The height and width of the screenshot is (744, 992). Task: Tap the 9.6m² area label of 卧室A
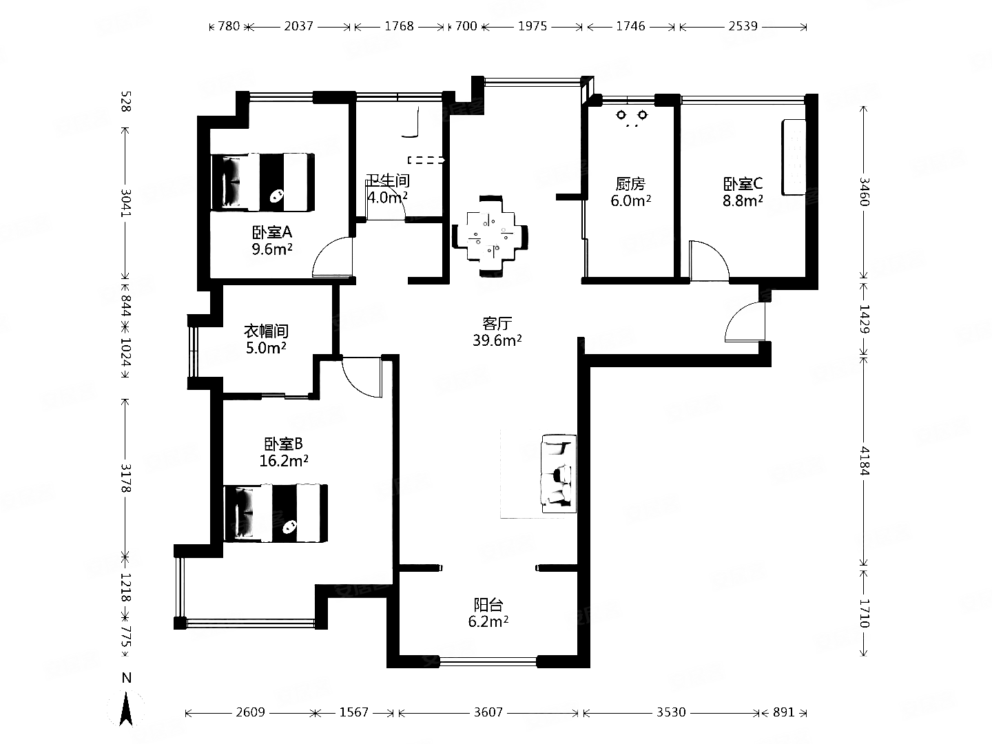point(272,249)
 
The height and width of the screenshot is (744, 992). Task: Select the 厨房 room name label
point(630,184)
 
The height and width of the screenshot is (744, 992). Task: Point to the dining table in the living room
point(490,236)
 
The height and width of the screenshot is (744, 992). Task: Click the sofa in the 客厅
point(559,473)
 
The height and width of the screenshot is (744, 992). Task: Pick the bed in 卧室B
point(276,513)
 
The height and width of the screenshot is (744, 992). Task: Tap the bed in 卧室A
point(263,182)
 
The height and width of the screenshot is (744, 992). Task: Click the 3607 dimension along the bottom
point(488,712)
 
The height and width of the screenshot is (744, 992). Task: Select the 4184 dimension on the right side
point(864,461)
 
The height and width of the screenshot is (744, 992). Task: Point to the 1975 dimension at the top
point(533,26)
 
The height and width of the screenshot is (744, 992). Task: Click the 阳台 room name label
point(488,604)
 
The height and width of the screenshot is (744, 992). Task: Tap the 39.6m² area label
point(497,340)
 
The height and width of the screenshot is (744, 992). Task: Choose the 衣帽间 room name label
point(266,331)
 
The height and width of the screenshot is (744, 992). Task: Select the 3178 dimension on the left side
point(126,478)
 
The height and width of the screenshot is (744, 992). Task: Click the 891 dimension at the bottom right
point(784,712)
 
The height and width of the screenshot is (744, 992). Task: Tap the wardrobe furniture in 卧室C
point(794,157)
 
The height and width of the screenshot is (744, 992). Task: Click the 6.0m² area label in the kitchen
point(631,200)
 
